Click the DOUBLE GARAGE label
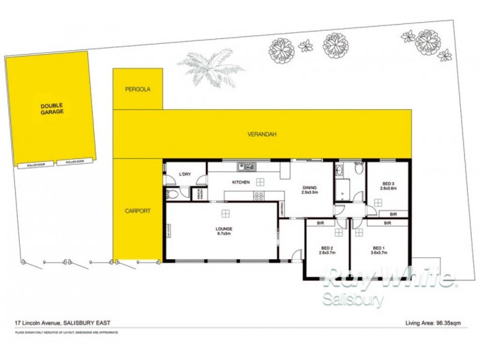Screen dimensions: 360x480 (x=52, y=109)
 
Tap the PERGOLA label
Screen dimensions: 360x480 (x=137, y=89)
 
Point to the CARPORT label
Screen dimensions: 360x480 (x=137, y=211)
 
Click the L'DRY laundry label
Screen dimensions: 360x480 (x=185, y=175)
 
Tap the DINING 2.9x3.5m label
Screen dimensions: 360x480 (x=310, y=190)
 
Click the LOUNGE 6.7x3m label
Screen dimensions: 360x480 (x=224, y=232)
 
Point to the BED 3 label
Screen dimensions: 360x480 (x=388, y=186)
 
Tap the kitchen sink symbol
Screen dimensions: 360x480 (x=247, y=166)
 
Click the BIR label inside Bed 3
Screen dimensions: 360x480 (x=394, y=214)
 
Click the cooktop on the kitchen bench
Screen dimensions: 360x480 (x=259, y=196)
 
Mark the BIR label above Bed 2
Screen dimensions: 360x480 (x=320, y=223)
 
